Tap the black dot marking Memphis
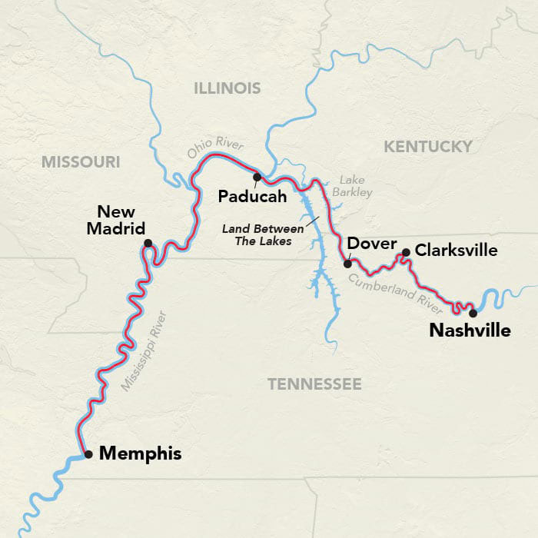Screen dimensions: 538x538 (x=89, y=454)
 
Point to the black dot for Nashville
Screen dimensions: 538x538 (x=473, y=313)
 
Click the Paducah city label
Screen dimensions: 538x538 (x=252, y=197)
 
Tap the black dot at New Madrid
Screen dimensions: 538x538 (x=148, y=244)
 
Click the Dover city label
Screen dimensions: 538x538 (x=372, y=244)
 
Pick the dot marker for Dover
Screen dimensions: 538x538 (x=347, y=264)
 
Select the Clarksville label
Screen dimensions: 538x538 (x=456, y=251)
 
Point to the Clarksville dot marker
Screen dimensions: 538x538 (x=406, y=251)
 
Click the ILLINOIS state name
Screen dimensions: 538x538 (x=227, y=88)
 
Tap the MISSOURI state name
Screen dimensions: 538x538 (x=81, y=161)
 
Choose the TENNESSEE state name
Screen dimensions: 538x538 (x=314, y=384)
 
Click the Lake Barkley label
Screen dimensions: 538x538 (x=354, y=186)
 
